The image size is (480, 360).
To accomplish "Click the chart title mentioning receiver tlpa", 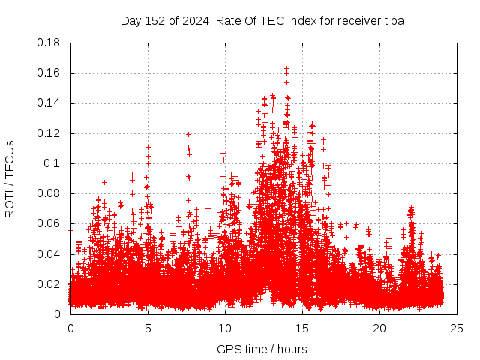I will pyautogui.click(x=262, y=21).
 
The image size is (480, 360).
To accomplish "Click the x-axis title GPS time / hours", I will pyautogui.click(x=262, y=349).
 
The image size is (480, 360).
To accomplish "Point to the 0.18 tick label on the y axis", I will pyautogui.click(x=49, y=43).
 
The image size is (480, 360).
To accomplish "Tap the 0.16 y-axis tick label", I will pyautogui.click(x=49, y=73).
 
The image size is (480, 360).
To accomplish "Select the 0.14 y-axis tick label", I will pyautogui.click(x=49, y=103).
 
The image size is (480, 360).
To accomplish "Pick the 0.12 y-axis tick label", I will pyautogui.click(x=49, y=133).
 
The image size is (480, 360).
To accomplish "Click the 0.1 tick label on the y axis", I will pyautogui.click(x=52, y=163).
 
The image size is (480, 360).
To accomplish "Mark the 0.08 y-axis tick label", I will pyautogui.click(x=49, y=193).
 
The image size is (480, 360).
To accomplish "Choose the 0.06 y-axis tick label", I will pyautogui.click(x=49, y=223).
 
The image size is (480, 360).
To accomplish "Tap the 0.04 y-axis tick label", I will pyautogui.click(x=49, y=253).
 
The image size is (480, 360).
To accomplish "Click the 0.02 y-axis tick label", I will pyautogui.click(x=49, y=284).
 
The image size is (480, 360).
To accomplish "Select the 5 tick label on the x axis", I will pyautogui.click(x=148, y=328).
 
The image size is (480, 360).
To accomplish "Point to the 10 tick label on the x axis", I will pyautogui.click(x=225, y=328).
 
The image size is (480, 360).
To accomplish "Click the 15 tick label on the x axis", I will pyautogui.click(x=302, y=328).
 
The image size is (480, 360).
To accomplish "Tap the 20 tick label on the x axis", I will pyautogui.click(x=379, y=328).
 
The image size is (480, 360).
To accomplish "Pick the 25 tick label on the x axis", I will pyautogui.click(x=457, y=328).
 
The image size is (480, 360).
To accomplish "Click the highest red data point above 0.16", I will pyautogui.click(x=286, y=68).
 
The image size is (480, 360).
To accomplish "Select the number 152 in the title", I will pyautogui.click(x=153, y=21).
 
